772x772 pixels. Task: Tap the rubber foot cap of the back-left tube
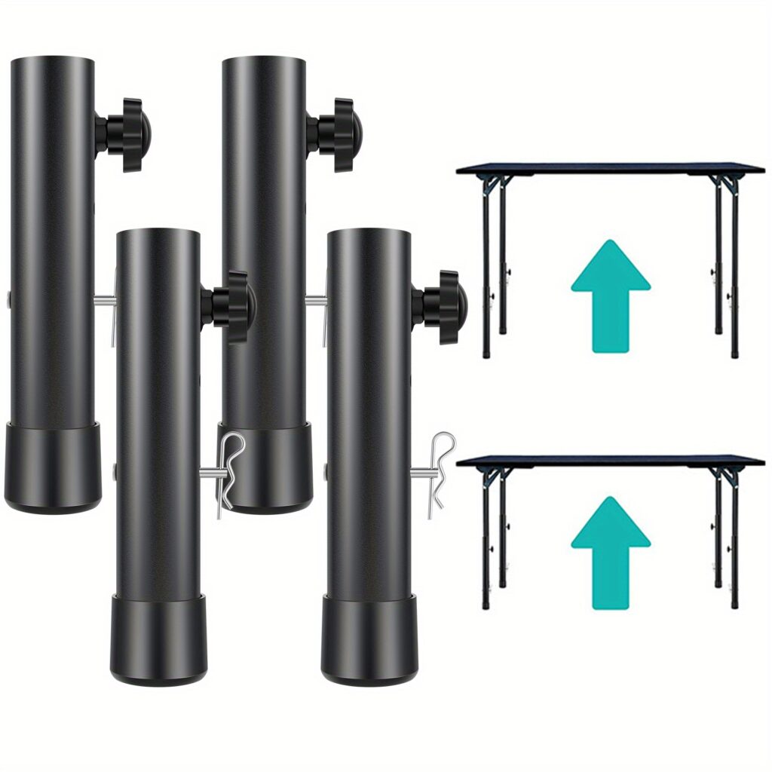pos(53,467)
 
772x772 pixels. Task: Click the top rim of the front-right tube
pos(369,231)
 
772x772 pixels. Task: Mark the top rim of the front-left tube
pos(158,231)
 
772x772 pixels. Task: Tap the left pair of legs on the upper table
pos(495,264)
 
